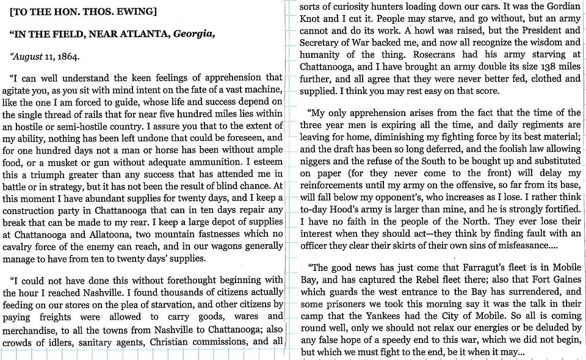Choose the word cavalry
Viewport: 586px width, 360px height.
19,248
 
